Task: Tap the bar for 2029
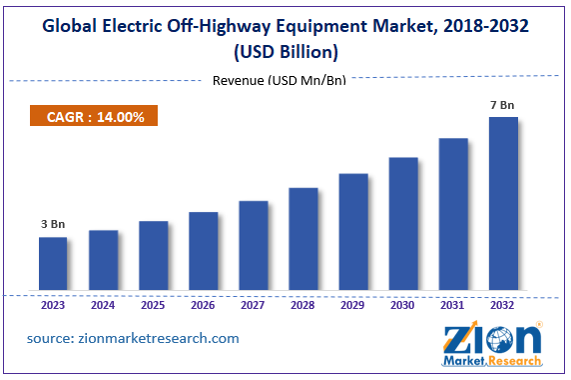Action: click(353, 233)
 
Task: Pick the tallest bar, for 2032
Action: click(503, 205)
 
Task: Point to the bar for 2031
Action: click(453, 215)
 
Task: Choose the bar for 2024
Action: click(103, 261)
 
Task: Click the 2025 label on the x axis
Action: click(153, 306)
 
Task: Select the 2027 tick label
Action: click(254, 306)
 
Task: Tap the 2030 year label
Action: click(403, 306)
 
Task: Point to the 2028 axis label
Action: click(303, 306)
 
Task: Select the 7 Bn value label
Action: click(503, 105)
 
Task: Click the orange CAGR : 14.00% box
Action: click(88, 117)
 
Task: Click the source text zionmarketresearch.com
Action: click(133, 338)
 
